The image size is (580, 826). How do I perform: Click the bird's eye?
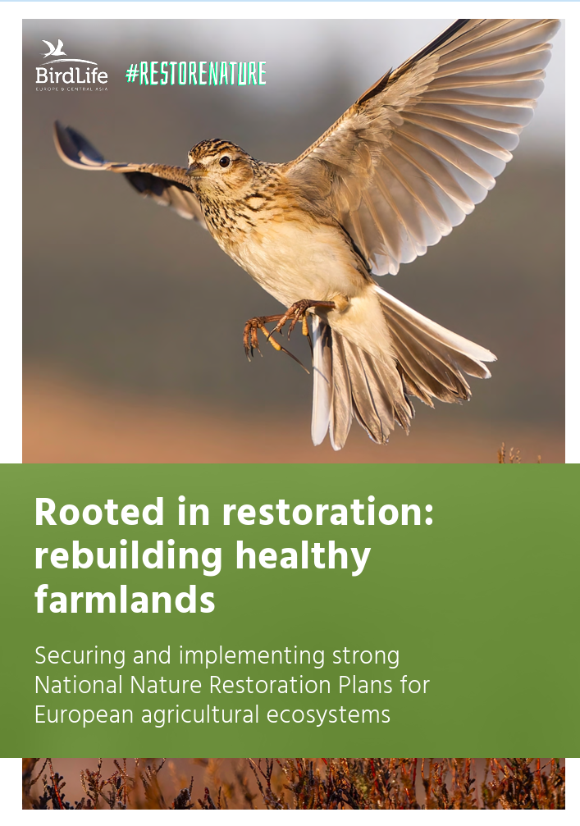[225, 162]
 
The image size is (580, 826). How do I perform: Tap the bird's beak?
[195, 170]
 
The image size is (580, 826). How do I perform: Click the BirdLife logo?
[71, 66]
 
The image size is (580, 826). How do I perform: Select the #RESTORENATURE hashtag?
[196, 74]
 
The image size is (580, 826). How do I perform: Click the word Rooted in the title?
[99, 511]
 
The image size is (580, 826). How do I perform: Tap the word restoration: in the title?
[327, 512]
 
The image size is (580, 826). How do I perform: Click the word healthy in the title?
[303, 557]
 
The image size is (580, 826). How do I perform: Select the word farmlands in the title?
[125, 600]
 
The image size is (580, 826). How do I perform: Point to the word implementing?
[252, 657]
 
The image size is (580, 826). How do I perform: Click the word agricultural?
[200, 715]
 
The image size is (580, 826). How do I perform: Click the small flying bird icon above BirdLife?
[54, 48]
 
